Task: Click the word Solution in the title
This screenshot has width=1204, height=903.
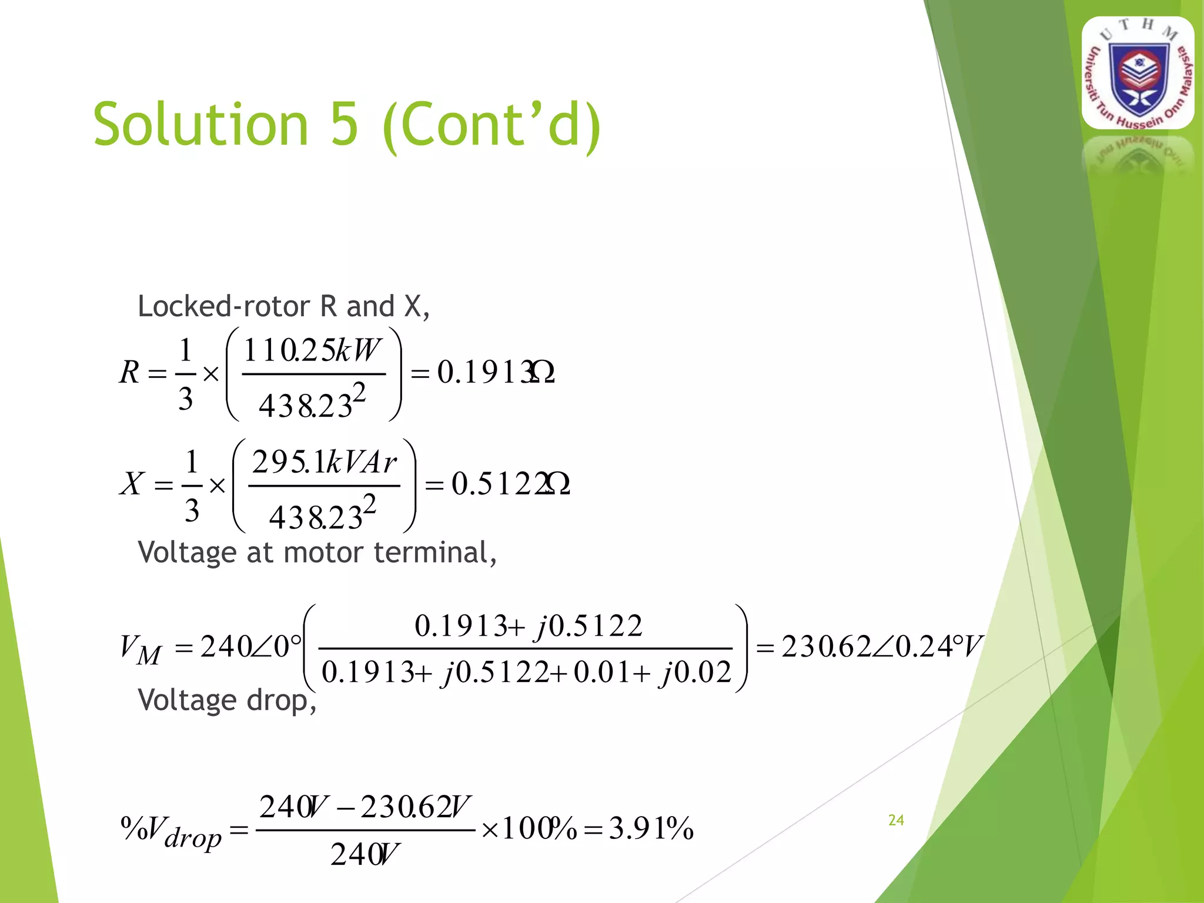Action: (x=200, y=125)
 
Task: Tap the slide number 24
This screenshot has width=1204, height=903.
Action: (x=896, y=820)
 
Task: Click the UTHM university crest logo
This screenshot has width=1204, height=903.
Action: (x=1138, y=73)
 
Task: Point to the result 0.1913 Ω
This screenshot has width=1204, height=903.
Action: (x=496, y=372)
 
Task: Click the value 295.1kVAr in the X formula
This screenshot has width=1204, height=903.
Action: (x=324, y=463)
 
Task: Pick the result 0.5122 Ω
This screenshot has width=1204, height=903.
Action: (x=510, y=484)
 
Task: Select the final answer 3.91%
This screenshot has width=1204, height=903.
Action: (x=651, y=829)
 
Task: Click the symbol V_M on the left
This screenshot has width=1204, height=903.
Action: (x=140, y=649)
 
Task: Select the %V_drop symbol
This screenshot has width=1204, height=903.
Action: (x=171, y=830)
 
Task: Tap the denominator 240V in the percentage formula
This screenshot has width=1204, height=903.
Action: (x=364, y=854)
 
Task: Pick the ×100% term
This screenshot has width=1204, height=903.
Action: (x=529, y=829)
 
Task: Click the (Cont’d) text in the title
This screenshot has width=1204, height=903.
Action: (x=491, y=125)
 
